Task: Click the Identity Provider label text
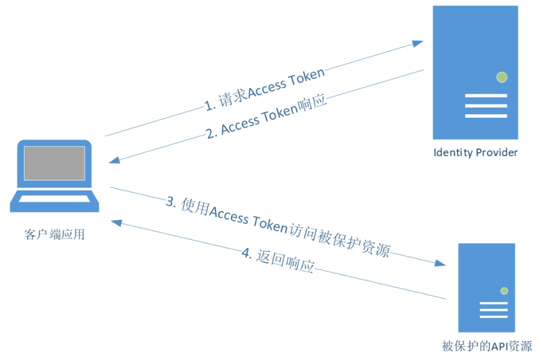(475, 153)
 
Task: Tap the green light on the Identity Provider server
(501, 77)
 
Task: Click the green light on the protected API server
(504, 291)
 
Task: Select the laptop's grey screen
(54, 163)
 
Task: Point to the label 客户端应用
(54, 234)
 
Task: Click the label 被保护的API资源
(487, 346)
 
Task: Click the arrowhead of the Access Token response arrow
(114, 161)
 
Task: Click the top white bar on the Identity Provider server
(486, 96)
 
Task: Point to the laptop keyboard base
(54, 202)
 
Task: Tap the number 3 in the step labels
(170, 201)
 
